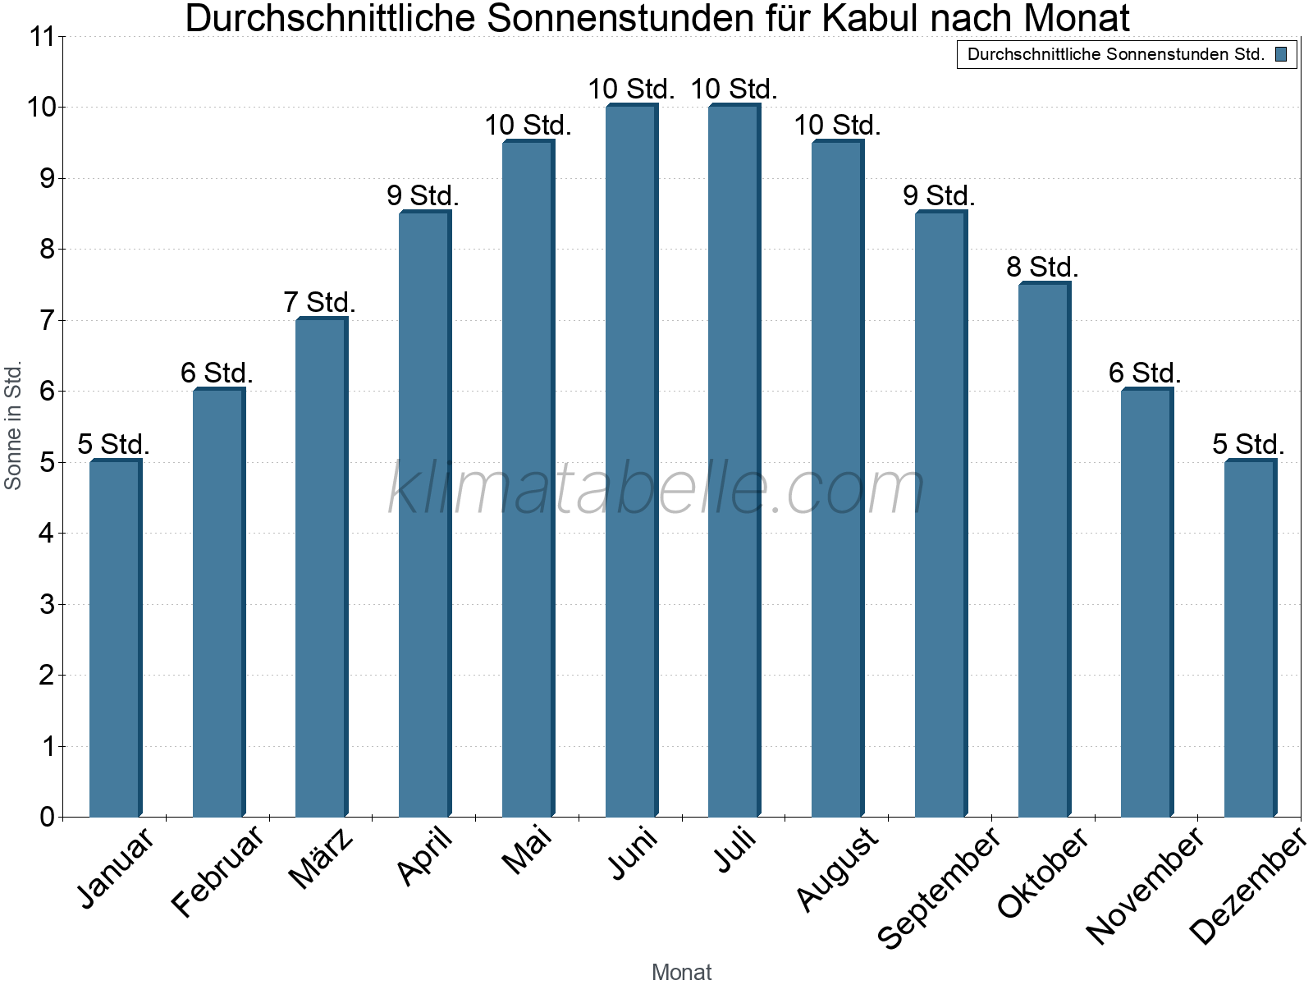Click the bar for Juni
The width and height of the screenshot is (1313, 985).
pyautogui.click(x=631, y=460)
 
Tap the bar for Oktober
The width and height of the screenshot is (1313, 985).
pyautogui.click(x=1044, y=549)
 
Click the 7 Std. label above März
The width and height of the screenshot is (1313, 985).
pyautogui.click(x=319, y=302)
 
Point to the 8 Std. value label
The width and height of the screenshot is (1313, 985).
pyautogui.click(x=1042, y=267)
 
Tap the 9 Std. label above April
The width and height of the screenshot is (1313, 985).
pyautogui.click(x=423, y=195)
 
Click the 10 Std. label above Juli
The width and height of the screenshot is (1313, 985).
pyautogui.click(x=734, y=89)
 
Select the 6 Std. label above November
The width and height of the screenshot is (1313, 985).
pyautogui.click(x=1145, y=373)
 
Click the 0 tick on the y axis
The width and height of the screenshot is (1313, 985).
pyautogui.click(x=47, y=817)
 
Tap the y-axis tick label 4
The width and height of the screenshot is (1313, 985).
pyautogui.click(x=47, y=534)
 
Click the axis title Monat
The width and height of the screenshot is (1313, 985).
pyautogui.click(x=681, y=972)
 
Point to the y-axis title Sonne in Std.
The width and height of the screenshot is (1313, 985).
pyautogui.click(x=13, y=426)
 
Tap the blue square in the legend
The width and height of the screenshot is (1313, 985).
pyautogui.click(x=1280, y=54)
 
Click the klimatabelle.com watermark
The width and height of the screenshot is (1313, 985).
pyautogui.click(x=656, y=489)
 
